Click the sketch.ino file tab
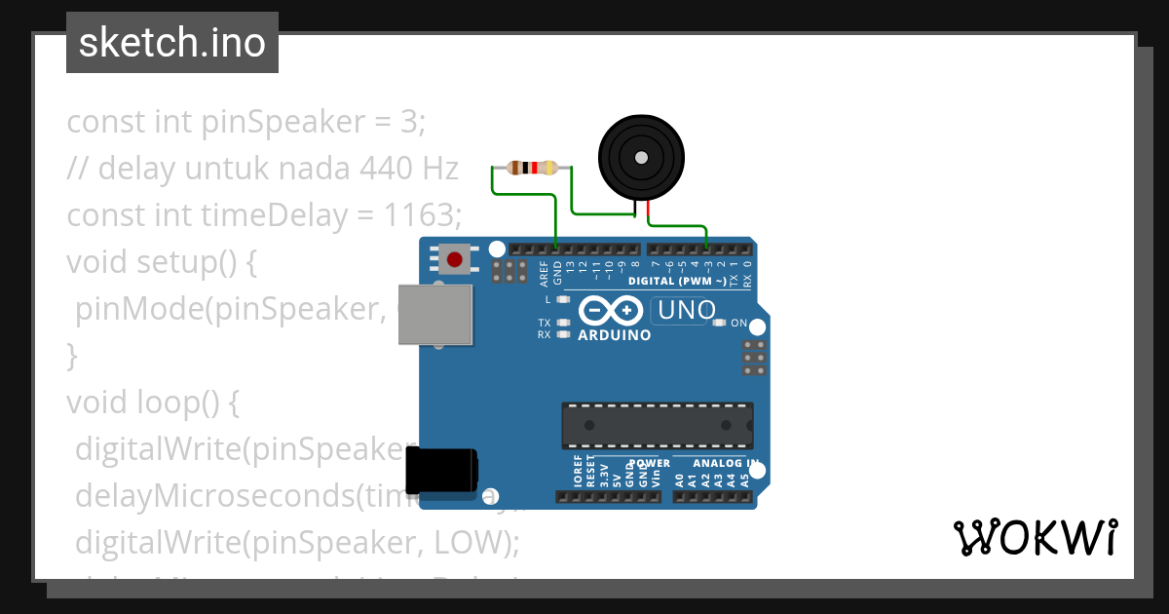click(x=172, y=43)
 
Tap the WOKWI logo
click(x=1035, y=538)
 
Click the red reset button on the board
click(x=455, y=259)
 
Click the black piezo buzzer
click(x=639, y=158)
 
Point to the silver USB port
click(x=436, y=315)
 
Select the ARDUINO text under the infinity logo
click(x=615, y=335)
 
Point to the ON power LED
click(x=720, y=323)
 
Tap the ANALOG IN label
click(x=726, y=463)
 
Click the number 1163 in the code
click(x=408, y=214)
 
